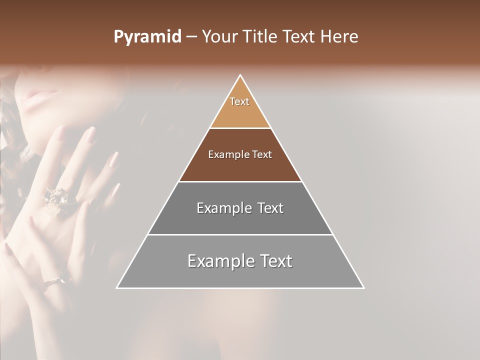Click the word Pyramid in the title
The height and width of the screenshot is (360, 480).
tap(147, 37)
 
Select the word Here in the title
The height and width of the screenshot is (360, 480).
tap(339, 37)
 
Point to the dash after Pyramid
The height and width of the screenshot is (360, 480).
tap(191, 37)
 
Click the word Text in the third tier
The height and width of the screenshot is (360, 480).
tap(268, 208)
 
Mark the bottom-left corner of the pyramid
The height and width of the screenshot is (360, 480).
tap(117, 287)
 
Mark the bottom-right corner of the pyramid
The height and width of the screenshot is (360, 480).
tap(363, 287)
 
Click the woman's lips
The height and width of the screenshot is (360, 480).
tap(42, 93)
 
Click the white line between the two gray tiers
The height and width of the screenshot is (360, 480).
tap(240, 234)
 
